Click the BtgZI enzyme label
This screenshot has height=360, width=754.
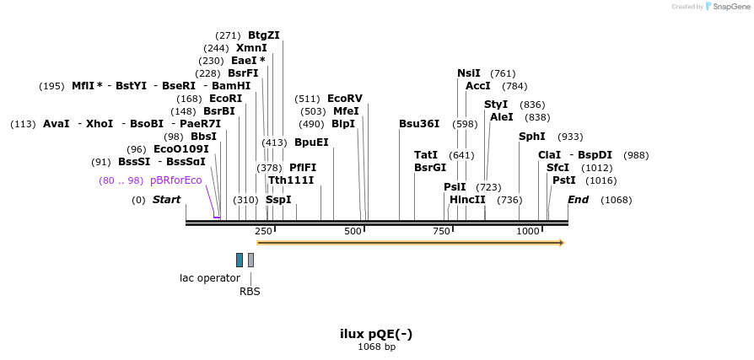coord(263,35)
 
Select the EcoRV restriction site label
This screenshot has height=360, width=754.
coord(344,99)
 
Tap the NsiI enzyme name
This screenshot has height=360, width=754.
coord(468,73)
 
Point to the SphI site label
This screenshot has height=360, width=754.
coord(531,137)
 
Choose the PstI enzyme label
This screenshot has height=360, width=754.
coord(563,180)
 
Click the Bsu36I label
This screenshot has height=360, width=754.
coord(419,124)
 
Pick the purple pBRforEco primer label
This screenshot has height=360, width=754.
coord(175,180)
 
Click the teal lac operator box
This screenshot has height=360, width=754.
coord(240,260)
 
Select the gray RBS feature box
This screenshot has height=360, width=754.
coord(250,260)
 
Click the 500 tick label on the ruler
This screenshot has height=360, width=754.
coord(353,231)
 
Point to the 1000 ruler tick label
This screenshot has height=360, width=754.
coord(528,231)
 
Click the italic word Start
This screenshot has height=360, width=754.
coord(166,200)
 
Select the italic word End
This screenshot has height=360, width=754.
coord(578,200)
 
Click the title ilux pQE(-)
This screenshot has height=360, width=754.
coord(376,334)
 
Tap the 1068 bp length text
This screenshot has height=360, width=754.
coord(376,347)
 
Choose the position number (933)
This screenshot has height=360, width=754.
coord(570,137)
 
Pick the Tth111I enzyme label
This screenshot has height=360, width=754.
coord(291,180)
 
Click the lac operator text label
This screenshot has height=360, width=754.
coord(210,277)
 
